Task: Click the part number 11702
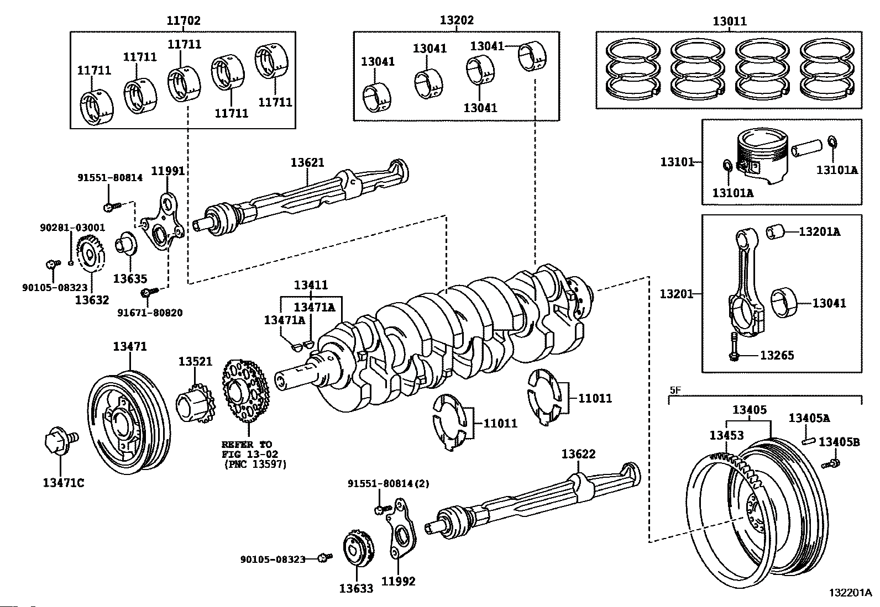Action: pos(184,21)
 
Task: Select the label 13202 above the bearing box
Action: pos(457,20)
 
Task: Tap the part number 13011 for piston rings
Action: pos(729,22)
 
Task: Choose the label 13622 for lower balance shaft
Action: pos(578,454)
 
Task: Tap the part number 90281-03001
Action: pos(72,228)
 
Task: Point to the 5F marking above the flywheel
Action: pos(675,389)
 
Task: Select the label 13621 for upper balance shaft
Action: pos(307,162)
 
